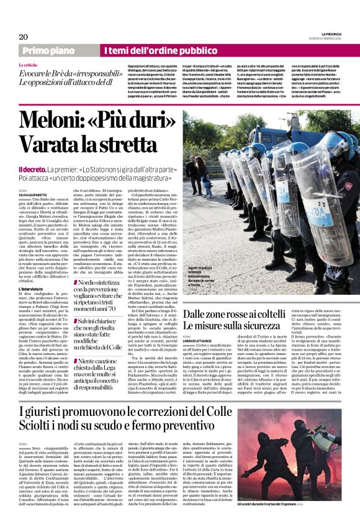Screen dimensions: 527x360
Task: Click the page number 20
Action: [24, 37]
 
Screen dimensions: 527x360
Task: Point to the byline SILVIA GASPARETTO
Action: [33, 194]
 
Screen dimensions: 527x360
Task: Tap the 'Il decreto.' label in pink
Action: [35, 169]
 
